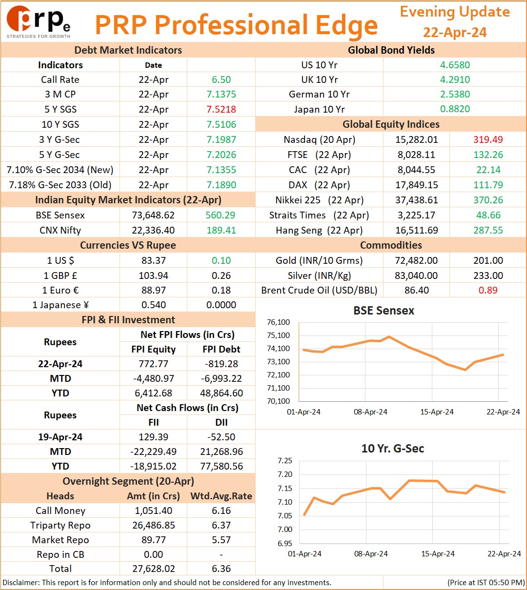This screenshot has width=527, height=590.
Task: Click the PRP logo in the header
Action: pyautogui.click(x=39, y=22)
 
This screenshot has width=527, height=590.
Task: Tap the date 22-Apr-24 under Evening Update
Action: pyautogui.click(x=455, y=32)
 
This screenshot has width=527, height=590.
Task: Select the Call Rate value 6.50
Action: pyautogui.click(x=221, y=79)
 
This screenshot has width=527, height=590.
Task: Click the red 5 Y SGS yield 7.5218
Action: pyautogui.click(x=221, y=109)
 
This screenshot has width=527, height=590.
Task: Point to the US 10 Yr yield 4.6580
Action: pyautogui.click(x=455, y=65)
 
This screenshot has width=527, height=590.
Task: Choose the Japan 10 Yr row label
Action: pyautogui.click(x=319, y=109)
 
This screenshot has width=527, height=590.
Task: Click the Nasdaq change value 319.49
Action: pyautogui.click(x=488, y=139)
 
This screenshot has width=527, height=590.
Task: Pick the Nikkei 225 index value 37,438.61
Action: pyautogui.click(x=417, y=200)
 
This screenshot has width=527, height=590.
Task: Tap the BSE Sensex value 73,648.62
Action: pyautogui.click(x=153, y=215)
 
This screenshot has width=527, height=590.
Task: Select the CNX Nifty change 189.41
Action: pyautogui.click(x=221, y=230)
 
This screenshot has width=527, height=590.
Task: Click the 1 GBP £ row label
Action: pyautogui.click(x=61, y=275)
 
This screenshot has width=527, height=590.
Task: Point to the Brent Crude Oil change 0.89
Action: pyautogui.click(x=488, y=290)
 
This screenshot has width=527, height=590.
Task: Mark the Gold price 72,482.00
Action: pyautogui.click(x=416, y=260)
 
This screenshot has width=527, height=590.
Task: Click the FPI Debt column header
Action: pyautogui.click(x=221, y=349)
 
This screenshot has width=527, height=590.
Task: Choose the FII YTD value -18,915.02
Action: pyautogui.click(x=153, y=466)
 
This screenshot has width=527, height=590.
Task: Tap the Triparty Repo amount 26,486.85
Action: pyautogui.click(x=153, y=525)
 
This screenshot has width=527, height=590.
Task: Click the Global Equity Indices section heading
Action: pyautogui.click(x=391, y=124)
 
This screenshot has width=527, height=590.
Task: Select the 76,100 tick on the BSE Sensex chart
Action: pyautogui.click(x=278, y=322)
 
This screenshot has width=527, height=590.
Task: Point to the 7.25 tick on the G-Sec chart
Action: pyautogui.click(x=285, y=461)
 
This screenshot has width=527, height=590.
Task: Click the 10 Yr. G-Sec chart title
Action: pyautogui.click(x=393, y=449)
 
